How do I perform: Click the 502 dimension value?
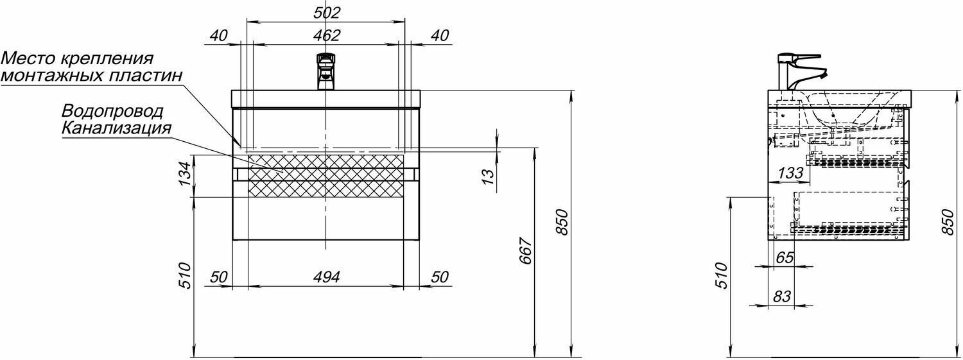pos(326,12)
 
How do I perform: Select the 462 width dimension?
pos(326,35)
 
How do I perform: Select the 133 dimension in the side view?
pos(791,172)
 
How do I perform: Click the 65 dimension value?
pos(785,258)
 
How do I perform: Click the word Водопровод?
pos(113,111)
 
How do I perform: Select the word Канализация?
pos(117,127)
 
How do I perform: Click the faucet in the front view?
pos(326,71)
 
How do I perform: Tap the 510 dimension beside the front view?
pos(184,276)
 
